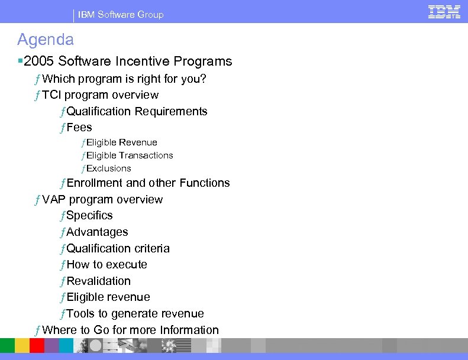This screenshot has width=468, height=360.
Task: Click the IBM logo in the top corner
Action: [x=444, y=11]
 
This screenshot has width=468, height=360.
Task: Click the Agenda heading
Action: [x=46, y=40]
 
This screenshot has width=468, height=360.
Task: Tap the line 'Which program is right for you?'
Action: [x=124, y=79]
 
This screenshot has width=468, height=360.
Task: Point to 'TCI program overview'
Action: [x=101, y=95]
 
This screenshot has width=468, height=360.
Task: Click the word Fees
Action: [x=79, y=127]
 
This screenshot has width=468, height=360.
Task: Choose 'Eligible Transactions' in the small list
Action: [x=130, y=155]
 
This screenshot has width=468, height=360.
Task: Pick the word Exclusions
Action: [x=109, y=168]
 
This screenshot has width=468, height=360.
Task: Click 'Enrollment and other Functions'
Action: [x=148, y=183]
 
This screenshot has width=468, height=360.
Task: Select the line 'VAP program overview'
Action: [x=102, y=199]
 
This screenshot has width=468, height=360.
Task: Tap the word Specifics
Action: [x=89, y=215]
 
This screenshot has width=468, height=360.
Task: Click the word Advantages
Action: [x=97, y=232]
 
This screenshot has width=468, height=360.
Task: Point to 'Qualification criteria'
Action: [x=118, y=248]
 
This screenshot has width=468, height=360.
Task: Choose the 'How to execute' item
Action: [x=106, y=264]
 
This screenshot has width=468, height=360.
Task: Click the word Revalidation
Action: [x=98, y=281]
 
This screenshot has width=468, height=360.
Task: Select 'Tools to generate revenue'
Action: [x=135, y=313]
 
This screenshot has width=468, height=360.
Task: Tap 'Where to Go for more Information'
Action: [x=131, y=330]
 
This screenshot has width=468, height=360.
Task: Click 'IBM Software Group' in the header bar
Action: [x=121, y=14]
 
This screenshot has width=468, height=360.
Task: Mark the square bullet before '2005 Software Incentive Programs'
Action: [x=20, y=61]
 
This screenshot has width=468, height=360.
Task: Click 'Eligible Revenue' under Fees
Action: [x=122, y=142]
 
